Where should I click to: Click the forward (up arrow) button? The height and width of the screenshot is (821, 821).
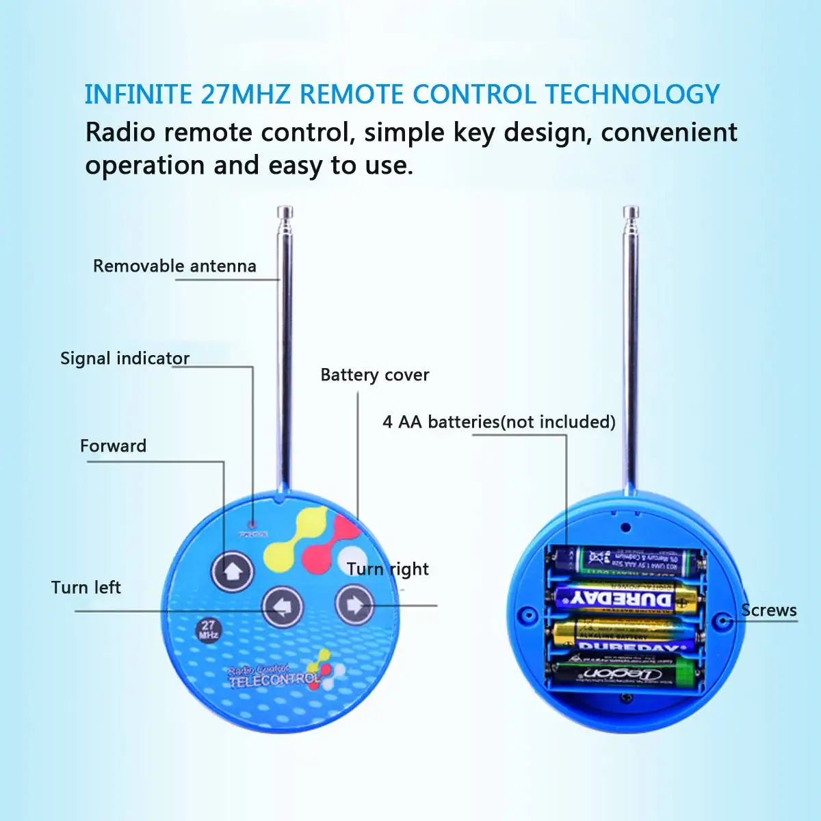coord(233,571)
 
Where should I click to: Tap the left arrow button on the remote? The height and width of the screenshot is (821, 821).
coord(283,606)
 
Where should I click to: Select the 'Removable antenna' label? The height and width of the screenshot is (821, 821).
coord(174,265)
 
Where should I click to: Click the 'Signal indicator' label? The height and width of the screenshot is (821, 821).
coord(125,358)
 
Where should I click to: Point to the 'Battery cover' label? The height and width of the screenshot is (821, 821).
coord(374,374)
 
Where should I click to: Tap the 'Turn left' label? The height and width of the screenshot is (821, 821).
coord(86,587)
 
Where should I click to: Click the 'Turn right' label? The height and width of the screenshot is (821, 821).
coord(387,569)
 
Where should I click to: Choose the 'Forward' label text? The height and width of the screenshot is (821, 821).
coord(113,445)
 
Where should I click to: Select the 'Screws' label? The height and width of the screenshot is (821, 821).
coord(769,610)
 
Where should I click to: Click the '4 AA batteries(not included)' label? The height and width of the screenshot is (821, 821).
coord(499,421)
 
